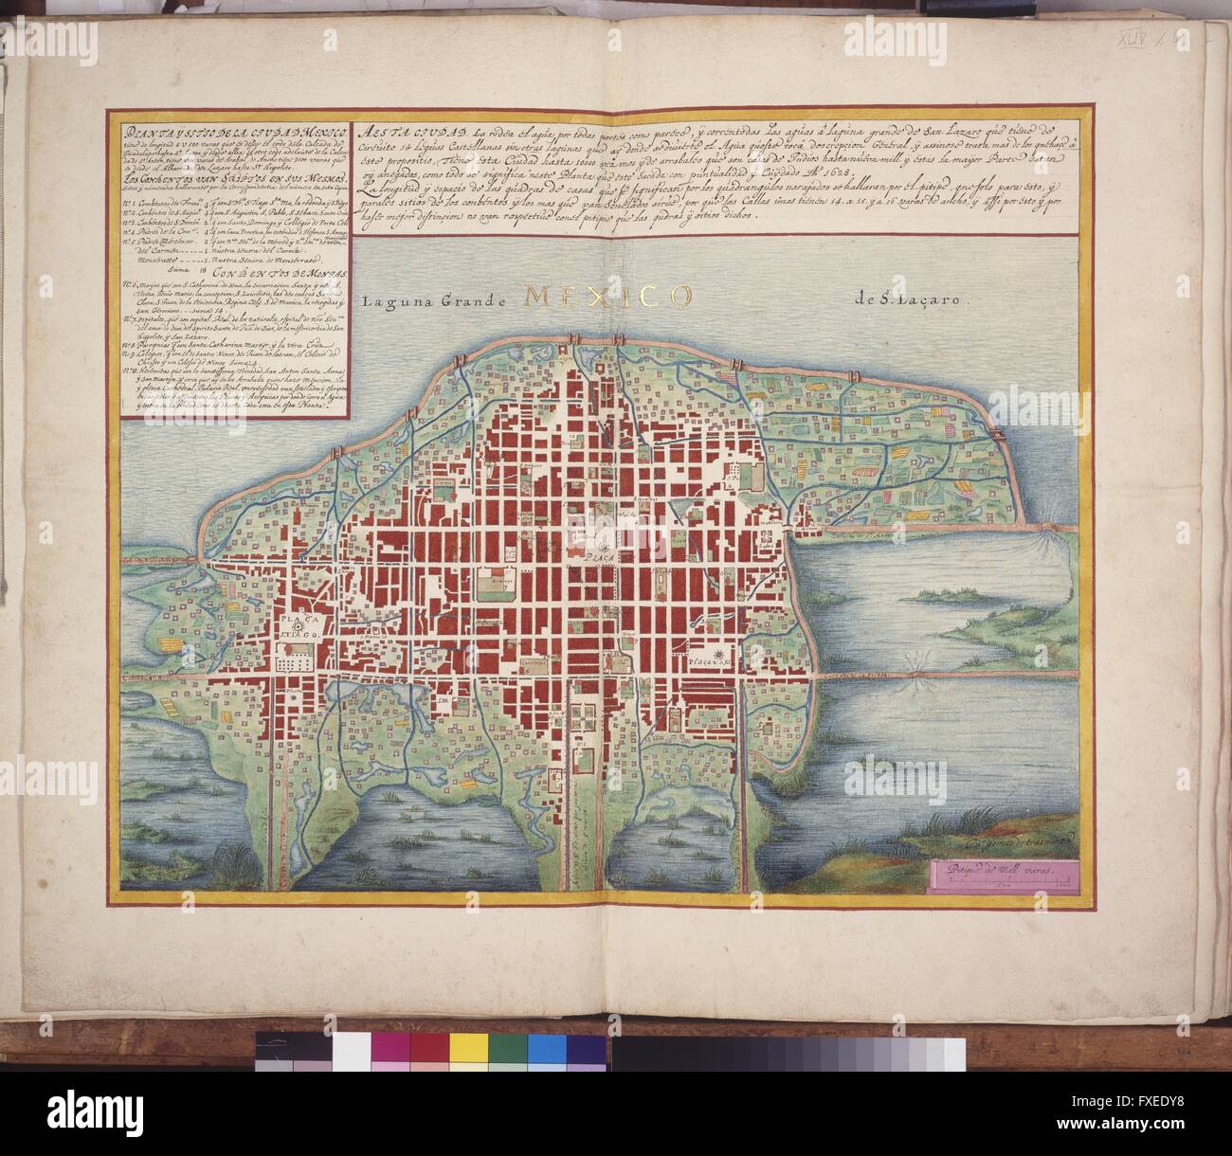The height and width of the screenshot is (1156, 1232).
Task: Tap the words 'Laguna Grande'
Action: [x=435, y=301]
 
